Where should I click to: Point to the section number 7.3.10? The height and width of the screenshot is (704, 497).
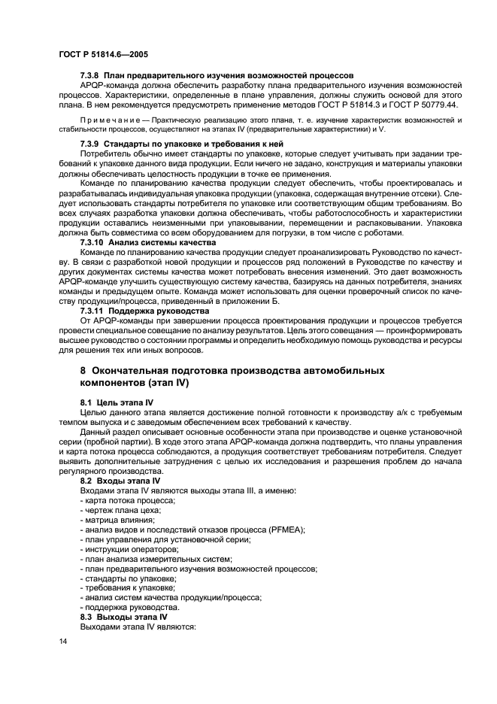click(x=93, y=242)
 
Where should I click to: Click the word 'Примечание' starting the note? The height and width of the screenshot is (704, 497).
click(x=107, y=120)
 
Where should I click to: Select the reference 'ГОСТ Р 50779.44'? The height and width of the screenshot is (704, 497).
click(x=411, y=106)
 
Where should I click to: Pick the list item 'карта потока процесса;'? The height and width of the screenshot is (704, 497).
click(x=129, y=500)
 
